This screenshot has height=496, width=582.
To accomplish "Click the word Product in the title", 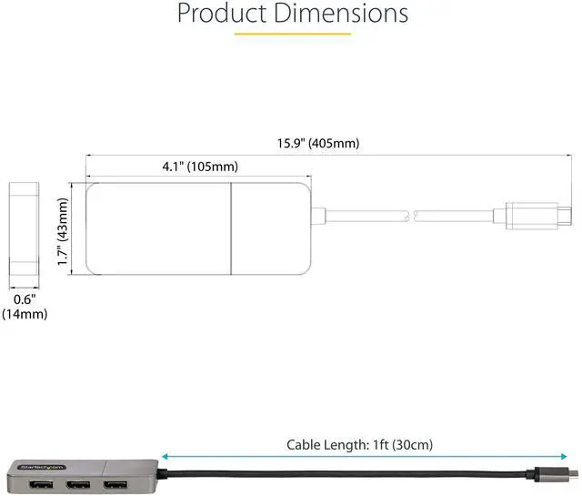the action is pos(223,14).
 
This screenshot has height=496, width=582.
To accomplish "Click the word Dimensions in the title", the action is pos(341,14).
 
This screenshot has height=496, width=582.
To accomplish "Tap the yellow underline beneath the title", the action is pos(293,34).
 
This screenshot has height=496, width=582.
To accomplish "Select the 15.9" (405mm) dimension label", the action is pos(318,144).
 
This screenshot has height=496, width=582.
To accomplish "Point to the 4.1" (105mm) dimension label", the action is pos(200,167).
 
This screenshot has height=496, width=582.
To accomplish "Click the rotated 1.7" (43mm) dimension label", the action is pos(63,231).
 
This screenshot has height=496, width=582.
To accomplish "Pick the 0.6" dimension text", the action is pos(25,299).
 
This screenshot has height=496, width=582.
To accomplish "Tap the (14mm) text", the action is pos(25,314).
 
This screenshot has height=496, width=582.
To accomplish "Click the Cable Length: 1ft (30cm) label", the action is pos(359,445).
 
